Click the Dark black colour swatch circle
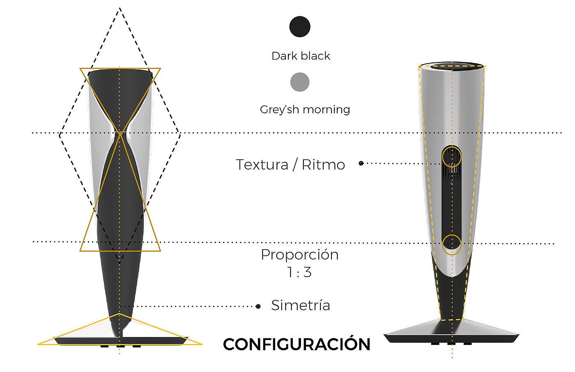click(x=300, y=27)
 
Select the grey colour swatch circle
click(x=300, y=82)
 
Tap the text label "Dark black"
click(x=301, y=56)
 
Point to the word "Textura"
click(x=262, y=165)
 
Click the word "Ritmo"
click(x=323, y=165)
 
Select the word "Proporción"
click(x=300, y=255)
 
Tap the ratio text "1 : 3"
click(x=299, y=272)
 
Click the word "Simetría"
click(x=301, y=305)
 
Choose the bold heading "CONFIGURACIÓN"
click(x=297, y=344)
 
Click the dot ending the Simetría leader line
click(x=258, y=306)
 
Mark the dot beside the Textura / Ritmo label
click(x=361, y=163)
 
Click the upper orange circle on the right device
click(x=452, y=156)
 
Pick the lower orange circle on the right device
click(x=452, y=245)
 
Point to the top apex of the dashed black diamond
click(x=120, y=8)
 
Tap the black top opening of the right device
click(x=452, y=66)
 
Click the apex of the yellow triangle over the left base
click(x=119, y=314)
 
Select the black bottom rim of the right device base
click(x=452, y=339)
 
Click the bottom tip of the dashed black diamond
click(x=120, y=263)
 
